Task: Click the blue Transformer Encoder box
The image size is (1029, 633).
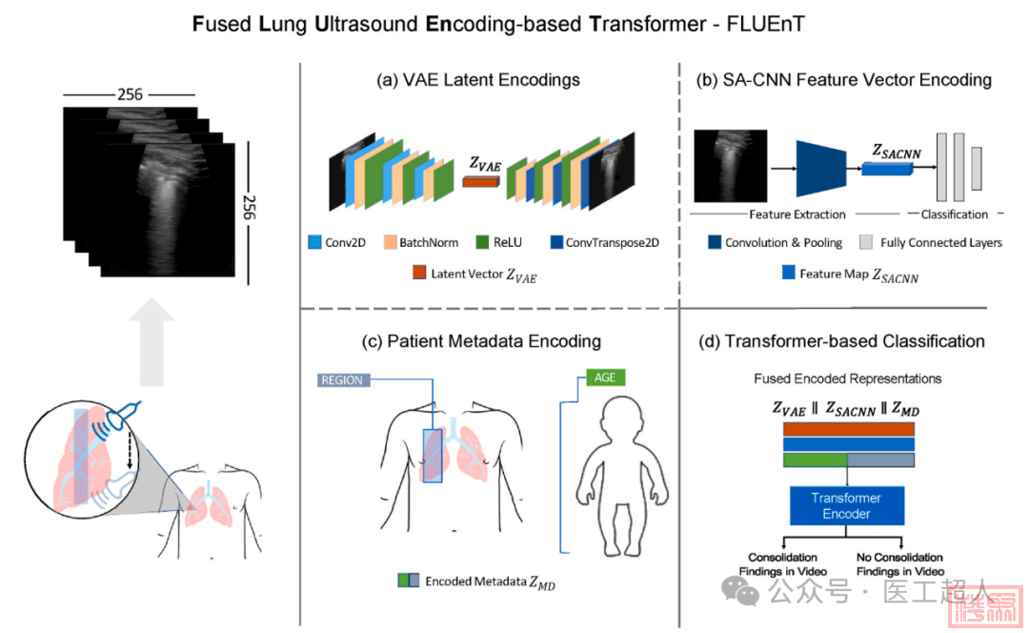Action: [x=846, y=505]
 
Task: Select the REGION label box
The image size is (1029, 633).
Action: [x=342, y=379]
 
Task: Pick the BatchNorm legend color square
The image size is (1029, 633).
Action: [x=389, y=242]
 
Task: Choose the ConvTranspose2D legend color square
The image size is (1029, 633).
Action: [x=555, y=242]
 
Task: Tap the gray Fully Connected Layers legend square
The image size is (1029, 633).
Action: [x=866, y=242]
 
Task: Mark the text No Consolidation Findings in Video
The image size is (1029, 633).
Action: [x=898, y=563]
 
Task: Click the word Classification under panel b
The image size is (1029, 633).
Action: [x=954, y=214]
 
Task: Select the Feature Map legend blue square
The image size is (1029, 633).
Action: [x=787, y=273]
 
